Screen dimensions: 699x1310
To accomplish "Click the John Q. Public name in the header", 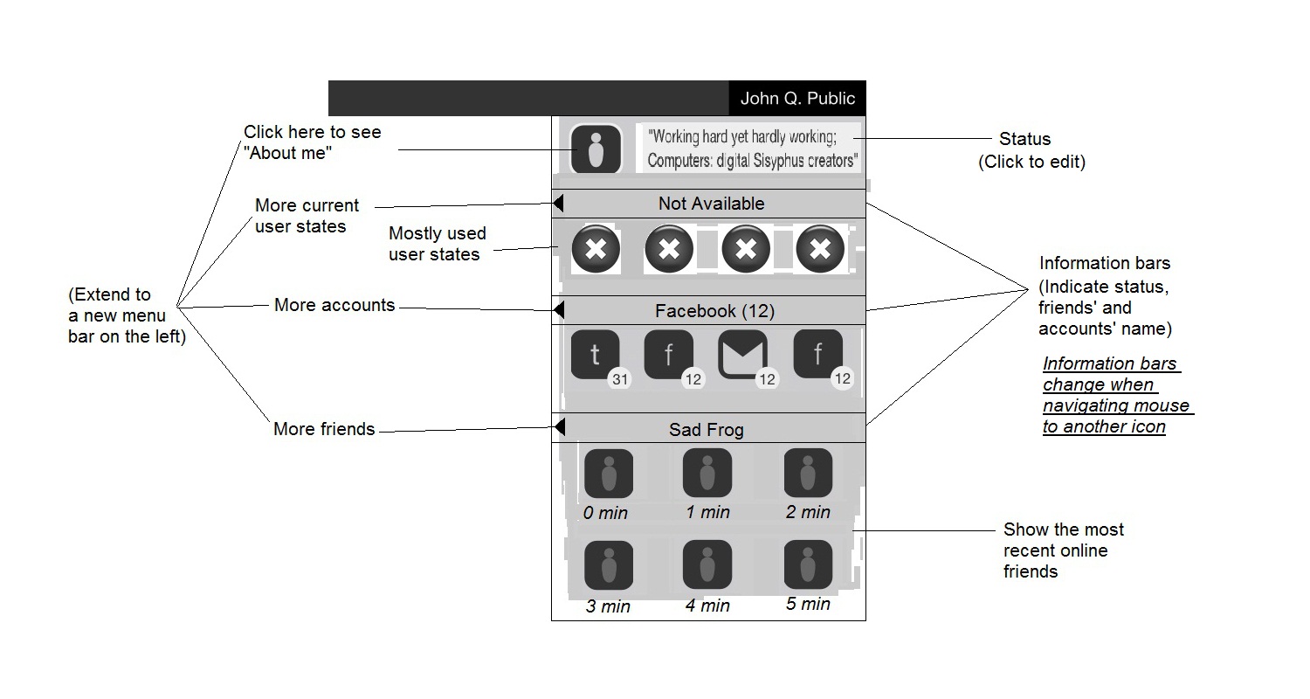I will (x=797, y=98).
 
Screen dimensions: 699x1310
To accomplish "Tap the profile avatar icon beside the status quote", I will (x=596, y=149).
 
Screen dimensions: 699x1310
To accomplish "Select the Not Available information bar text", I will (x=711, y=204).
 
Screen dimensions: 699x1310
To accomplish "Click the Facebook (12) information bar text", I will (x=714, y=311).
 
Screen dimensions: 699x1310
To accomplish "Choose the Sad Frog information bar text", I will (x=706, y=430).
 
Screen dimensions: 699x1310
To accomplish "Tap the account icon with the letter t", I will (x=595, y=355).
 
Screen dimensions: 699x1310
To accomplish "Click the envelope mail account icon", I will (x=742, y=355).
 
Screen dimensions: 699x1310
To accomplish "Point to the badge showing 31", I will (x=619, y=379).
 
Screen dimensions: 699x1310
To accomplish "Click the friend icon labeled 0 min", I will (x=608, y=474).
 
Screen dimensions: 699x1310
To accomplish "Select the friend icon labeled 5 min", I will (x=808, y=564).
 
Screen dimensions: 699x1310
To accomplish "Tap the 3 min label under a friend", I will (x=609, y=606).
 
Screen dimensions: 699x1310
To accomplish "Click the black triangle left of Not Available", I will (x=559, y=204).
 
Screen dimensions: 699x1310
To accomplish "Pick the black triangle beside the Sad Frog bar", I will (x=560, y=427).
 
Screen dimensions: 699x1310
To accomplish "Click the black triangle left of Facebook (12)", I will (x=559, y=310).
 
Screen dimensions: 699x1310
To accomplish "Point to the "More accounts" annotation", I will (x=334, y=305).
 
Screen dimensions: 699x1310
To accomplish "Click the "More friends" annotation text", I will (x=324, y=429).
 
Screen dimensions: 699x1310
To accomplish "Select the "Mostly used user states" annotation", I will (x=437, y=244).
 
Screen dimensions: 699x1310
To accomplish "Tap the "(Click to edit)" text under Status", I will (x=1031, y=162).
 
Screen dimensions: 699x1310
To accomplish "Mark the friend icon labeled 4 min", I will (x=707, y=564).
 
